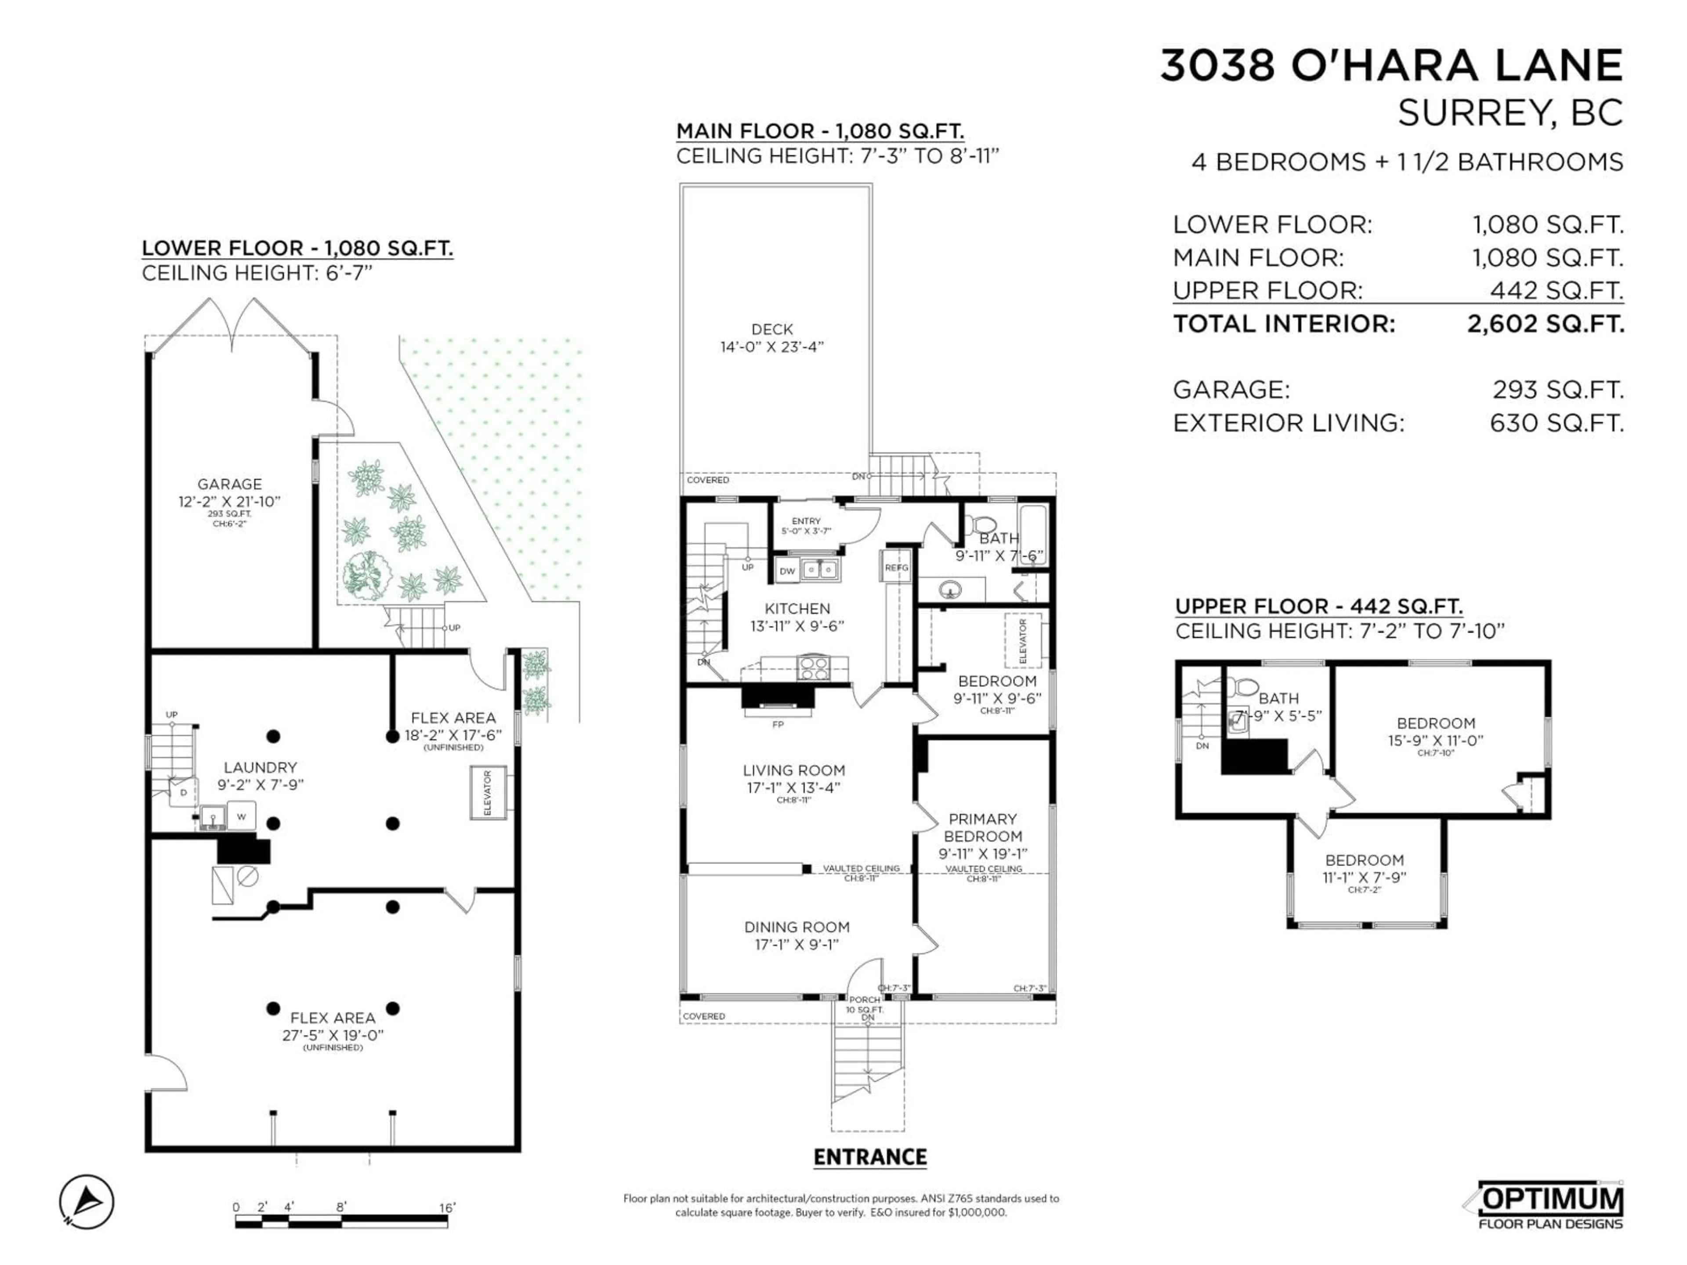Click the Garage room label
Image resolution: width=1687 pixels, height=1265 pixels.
230,484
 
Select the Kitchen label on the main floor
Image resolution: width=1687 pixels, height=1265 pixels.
797,608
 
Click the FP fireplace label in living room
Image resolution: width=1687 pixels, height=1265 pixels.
778,724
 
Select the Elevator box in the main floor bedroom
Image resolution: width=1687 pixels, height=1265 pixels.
1023,640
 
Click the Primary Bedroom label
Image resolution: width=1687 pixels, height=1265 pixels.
982,828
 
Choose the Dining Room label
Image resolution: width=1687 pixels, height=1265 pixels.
797,927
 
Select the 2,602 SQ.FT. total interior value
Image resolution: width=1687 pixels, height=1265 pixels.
1545,324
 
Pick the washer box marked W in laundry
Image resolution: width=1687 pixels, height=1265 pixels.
241,817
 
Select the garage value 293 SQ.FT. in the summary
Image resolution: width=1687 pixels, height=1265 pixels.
1557,390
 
